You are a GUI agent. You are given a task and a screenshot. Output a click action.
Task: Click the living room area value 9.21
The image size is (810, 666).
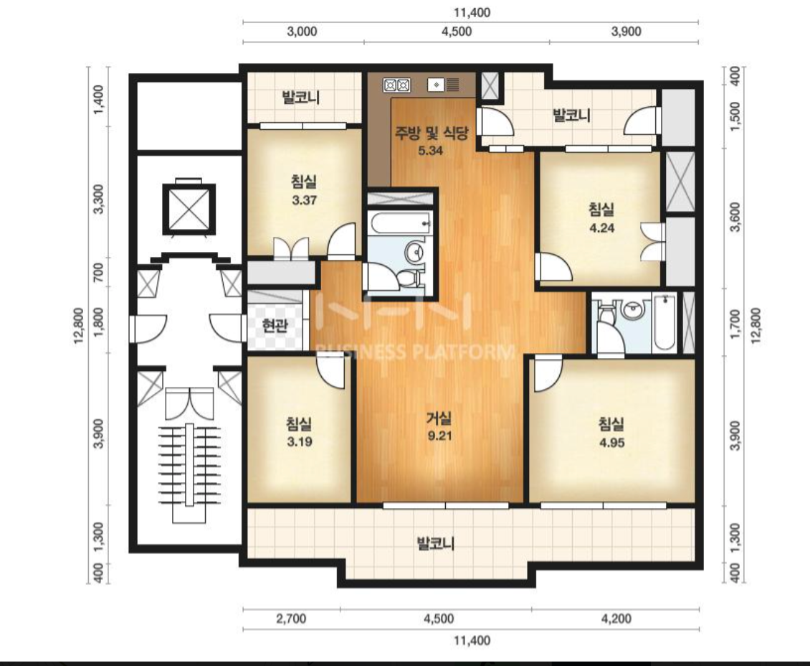[439, 436]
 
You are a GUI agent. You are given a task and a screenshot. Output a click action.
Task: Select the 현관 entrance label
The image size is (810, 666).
[275, 325]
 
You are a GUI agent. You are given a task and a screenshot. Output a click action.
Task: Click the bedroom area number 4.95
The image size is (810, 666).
[611, 443]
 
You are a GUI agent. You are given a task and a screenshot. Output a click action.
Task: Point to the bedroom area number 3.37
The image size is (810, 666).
[304, 200]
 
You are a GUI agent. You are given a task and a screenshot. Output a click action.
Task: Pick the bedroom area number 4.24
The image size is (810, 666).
[602, 228]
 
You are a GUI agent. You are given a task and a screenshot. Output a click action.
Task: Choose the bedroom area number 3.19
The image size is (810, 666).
[300, 442]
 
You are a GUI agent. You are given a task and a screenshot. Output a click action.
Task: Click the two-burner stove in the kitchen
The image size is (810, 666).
[396, 85]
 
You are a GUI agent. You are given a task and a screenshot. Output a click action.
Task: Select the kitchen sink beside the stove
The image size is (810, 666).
[444, 85]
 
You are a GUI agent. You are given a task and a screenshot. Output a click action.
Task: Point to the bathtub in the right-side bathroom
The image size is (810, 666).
[664, 322]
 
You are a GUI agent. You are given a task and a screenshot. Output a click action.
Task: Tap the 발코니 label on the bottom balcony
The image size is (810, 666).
[435, 543]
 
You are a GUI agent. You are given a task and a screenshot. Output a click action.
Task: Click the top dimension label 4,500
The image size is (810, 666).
[457, 32]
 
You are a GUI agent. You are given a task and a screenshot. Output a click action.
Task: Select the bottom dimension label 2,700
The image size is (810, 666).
[291, 619]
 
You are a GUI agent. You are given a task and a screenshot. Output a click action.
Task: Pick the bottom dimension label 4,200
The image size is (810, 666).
[616, 619]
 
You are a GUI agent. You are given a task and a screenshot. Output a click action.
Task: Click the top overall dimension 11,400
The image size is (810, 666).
[472, 12]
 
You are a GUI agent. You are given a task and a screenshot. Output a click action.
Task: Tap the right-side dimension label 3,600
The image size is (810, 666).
[737, 217]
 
